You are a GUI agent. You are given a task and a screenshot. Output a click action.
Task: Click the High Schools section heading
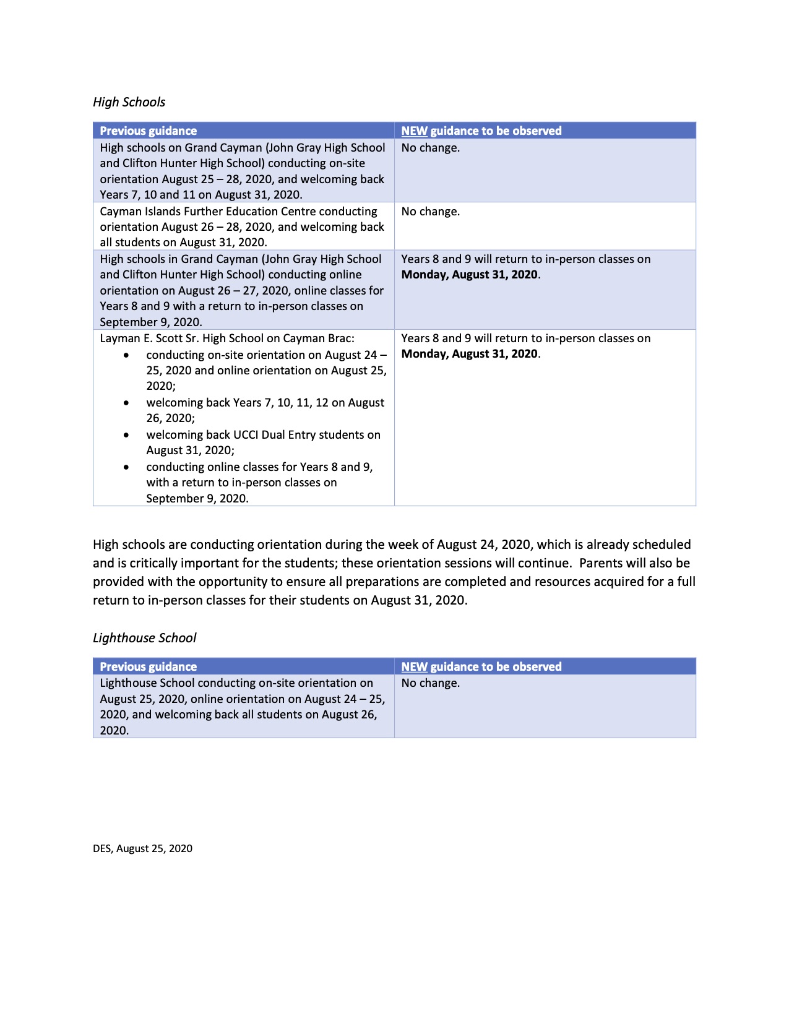pos(129,102)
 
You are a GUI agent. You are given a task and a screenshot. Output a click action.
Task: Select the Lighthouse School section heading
pos(144,638)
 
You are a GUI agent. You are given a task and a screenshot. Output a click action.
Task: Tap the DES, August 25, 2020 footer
pos(142,848)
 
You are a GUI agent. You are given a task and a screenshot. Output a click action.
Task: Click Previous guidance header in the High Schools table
pos(148,131)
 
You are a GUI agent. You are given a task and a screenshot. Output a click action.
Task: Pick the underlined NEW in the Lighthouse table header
pos(414,666)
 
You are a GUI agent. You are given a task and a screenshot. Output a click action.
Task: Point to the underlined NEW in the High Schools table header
pos(414,131)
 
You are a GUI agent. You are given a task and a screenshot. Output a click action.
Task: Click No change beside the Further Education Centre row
pos(430,212)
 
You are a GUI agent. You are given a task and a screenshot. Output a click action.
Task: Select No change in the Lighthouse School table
pos(430,683)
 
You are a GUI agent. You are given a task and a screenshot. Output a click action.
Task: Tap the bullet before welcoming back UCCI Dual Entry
pos(127,435)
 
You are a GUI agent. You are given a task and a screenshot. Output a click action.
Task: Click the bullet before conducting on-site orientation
pos(127,355)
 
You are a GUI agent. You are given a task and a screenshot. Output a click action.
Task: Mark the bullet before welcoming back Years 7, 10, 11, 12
pos(127,403)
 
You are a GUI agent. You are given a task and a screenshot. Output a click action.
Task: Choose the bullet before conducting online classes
pos(127,467)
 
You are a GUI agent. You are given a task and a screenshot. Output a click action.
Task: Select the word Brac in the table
pos(340,338)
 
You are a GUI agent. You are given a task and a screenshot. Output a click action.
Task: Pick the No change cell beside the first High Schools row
pos(430,148)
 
